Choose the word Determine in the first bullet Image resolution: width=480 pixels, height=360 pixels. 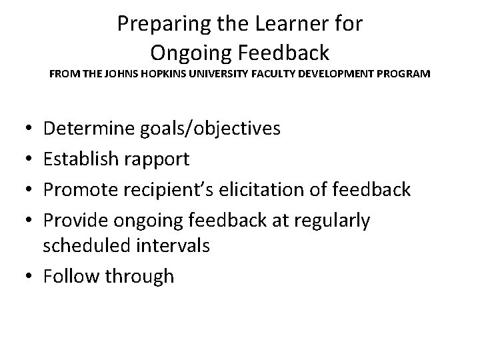(x=89, y=129)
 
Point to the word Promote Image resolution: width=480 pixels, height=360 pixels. (x=83, y=190)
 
